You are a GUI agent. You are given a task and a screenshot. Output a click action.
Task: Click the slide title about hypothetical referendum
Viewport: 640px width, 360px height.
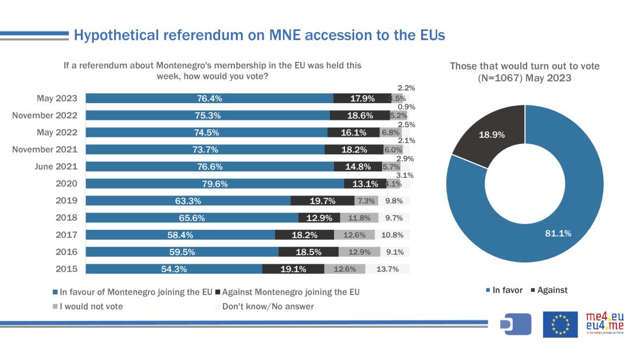coord(259,36)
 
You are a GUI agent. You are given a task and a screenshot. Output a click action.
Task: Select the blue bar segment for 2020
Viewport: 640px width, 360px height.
coord(215,184)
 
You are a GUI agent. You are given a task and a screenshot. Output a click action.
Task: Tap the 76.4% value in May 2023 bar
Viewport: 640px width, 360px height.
coord(210,98)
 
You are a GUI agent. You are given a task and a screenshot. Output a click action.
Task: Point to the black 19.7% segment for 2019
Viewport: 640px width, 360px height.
coord(322,201)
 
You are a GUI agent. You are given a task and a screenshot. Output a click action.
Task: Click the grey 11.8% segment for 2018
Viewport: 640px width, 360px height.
coord(359,218)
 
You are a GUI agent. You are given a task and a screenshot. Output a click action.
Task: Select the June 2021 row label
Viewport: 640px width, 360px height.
coord(55,167)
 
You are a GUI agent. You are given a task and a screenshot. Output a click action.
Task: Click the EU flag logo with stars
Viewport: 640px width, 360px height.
coord(560,324)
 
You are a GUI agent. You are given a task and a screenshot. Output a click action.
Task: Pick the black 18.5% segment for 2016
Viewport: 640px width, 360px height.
coord(308,252)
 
